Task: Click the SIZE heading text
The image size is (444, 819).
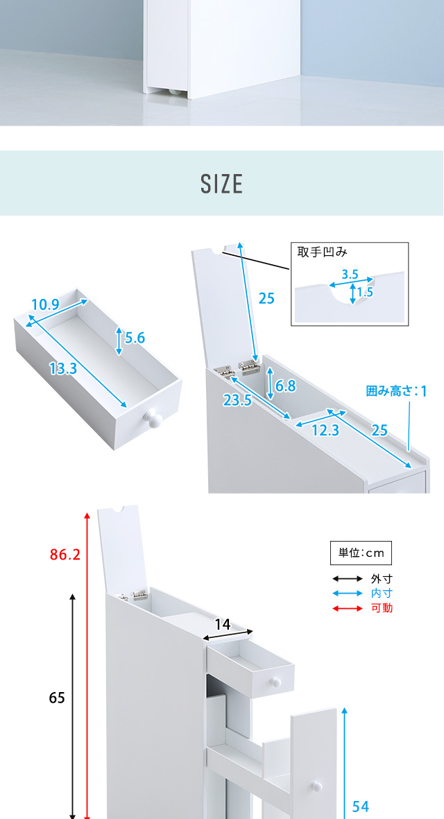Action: point(222,184)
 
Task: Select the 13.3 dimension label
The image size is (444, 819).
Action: point(63,369)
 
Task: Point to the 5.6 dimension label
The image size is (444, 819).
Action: point(135,338)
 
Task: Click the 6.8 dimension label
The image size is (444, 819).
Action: point(286,386)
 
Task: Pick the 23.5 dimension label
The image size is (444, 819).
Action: point(238,400)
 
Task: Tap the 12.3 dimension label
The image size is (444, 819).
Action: point(325,431)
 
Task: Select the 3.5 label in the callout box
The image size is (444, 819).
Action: point(349,275)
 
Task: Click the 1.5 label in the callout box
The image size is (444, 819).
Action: point(366,292)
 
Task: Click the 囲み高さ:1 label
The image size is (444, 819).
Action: point(396,390)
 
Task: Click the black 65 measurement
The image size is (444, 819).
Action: point(57,698)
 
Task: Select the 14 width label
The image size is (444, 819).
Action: point(223,624)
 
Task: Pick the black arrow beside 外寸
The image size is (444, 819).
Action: point(348,579)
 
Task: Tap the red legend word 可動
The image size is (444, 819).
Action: point(382,608)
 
